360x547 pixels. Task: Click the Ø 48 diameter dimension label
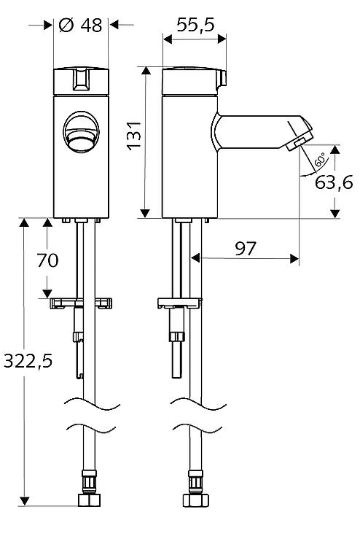pos(80,25)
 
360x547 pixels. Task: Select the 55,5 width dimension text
pos(195,25)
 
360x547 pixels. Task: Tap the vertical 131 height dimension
pos(134,136)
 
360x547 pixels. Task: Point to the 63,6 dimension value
pos(334,182)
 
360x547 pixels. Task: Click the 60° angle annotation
pos(321,159)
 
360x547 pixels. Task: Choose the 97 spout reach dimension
pos(245,249)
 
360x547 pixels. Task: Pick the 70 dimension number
pos(48,260)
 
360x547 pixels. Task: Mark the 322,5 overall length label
pos(28,361)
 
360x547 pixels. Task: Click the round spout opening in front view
pos(81,132)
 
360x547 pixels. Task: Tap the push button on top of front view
pos(81,79)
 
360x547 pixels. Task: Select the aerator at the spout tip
pos(299,144)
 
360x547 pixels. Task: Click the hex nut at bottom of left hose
pos(90,500)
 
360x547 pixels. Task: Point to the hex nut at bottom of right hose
pos(195,500)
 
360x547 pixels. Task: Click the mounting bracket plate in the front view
pos(81,302)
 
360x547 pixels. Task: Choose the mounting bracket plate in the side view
pos(180,302)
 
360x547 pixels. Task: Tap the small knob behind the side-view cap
pos(222,79)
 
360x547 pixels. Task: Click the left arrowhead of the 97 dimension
pos(195,258)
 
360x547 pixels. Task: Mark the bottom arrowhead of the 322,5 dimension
pos(24,501)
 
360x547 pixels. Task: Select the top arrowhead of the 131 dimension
pos(146,71)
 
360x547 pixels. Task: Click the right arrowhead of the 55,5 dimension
pos(222,39)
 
